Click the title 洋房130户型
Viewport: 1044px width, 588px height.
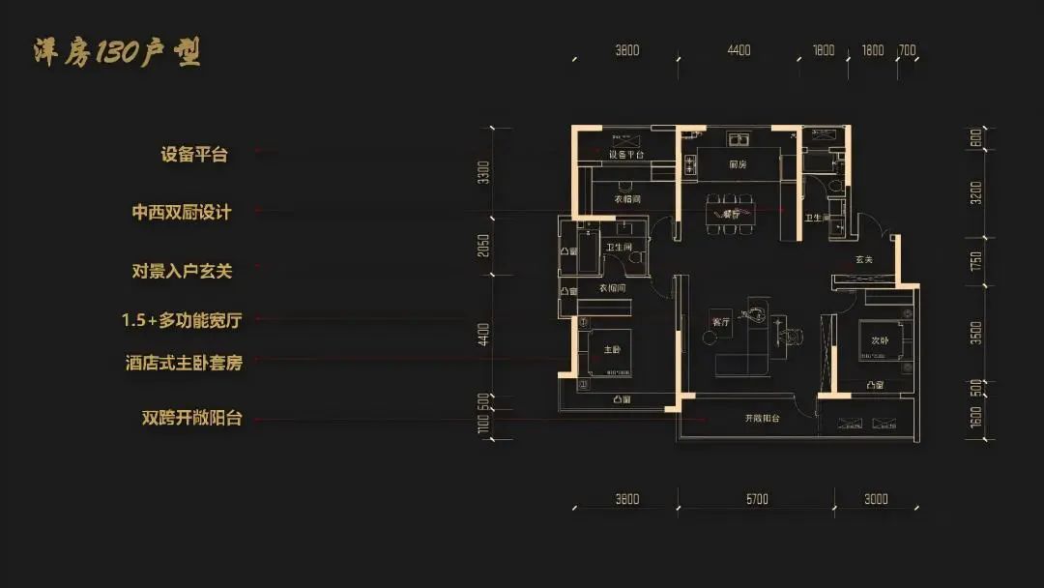pos(116,52)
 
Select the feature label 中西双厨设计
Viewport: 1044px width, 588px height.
pos(182,212)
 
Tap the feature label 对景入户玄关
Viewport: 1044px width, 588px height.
pos(182,271)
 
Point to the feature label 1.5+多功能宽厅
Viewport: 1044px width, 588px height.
pos(182,318)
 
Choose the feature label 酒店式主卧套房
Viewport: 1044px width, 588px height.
pos(183,363)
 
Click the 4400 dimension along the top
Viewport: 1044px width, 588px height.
pos(739,51)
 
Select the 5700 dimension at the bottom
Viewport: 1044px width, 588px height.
pos(757,499)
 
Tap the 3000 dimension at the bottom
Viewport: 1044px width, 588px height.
pos(876,499)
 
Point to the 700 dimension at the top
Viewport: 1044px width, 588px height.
pos(907,51)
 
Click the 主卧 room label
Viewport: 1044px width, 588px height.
pos(612,350)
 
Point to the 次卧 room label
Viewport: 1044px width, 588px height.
pos(879,340)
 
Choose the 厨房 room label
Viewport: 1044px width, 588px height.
pos(739,164)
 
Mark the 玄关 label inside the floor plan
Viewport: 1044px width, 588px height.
pos(864,259)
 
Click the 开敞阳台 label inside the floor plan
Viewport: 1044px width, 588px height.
pos(762,419)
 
